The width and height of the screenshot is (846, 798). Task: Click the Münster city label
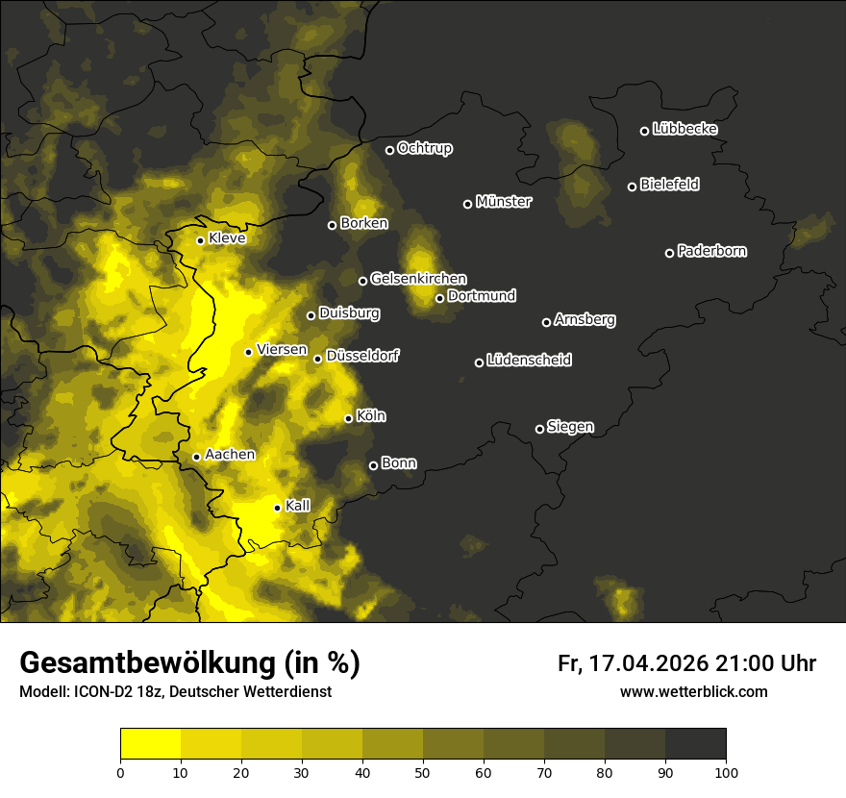coord(504,202)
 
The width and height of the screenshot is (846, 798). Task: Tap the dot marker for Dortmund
coord(439,298)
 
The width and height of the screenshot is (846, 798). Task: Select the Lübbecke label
coord(684,129)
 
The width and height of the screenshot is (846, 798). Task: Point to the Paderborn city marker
coord(670,253)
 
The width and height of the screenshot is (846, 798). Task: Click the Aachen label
coord(230,455)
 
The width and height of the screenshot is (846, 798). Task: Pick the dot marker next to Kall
coord(277,508)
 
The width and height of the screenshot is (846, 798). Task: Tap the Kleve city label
coord(227,238)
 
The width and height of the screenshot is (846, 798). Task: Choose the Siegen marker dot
coord(539,429)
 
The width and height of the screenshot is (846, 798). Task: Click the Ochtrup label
coord(425,148)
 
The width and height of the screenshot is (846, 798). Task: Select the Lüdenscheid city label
coord(529,361)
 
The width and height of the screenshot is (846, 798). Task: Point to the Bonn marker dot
coord(374,465)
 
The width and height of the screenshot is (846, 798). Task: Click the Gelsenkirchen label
coord(418,279)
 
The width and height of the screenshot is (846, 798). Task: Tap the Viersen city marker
coord(248,352)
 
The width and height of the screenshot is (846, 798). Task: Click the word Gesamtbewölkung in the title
coord(145,663)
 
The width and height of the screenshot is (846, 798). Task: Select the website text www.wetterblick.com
coord(693,691)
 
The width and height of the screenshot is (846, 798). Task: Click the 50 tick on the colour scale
coord(423,771)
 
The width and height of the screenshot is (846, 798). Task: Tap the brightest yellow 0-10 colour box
coord(150,743)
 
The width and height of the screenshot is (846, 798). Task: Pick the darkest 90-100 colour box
coord(695,743)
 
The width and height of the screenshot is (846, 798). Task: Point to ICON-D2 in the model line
coord(99,691)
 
